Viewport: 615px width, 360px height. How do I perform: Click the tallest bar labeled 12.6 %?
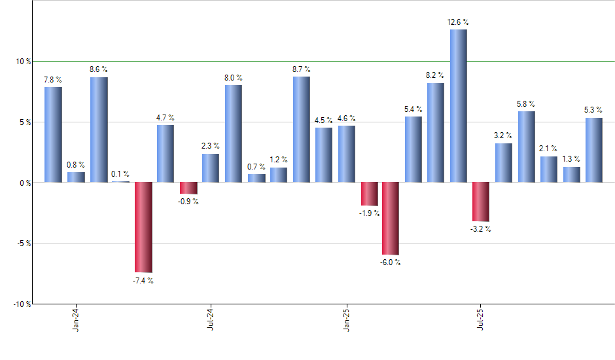(458, 106)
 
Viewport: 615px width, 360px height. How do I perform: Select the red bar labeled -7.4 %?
(143, 226)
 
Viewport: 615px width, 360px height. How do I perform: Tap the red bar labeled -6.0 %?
(391, 218)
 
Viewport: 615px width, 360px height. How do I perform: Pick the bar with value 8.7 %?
(301, 129)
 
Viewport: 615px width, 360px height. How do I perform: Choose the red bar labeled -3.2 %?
(481, 202)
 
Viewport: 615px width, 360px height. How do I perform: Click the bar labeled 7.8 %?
(53, 134)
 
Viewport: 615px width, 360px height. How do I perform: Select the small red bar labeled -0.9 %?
(188, 188)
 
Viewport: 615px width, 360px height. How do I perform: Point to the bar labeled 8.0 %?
(234, 134)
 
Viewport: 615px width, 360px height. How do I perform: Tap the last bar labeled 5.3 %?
(593, 150)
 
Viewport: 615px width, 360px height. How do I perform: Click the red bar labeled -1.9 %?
(368, 194)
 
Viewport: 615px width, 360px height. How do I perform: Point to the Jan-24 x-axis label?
(76, 319)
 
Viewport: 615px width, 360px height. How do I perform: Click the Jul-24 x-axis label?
(211, 319)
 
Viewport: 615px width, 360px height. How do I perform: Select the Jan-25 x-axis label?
(346, 319)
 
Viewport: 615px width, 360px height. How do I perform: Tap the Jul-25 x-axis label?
(481, 319)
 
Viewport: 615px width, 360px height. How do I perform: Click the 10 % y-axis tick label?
(24, 62)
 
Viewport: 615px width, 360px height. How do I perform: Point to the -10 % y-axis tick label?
(22, 304)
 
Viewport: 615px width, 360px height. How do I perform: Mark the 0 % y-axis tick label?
(26, 183)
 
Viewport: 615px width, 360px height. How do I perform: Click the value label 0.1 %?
(120, 174)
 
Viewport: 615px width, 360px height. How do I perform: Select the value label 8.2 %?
(436, 75)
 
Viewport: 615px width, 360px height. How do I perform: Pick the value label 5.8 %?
(526, 103)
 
